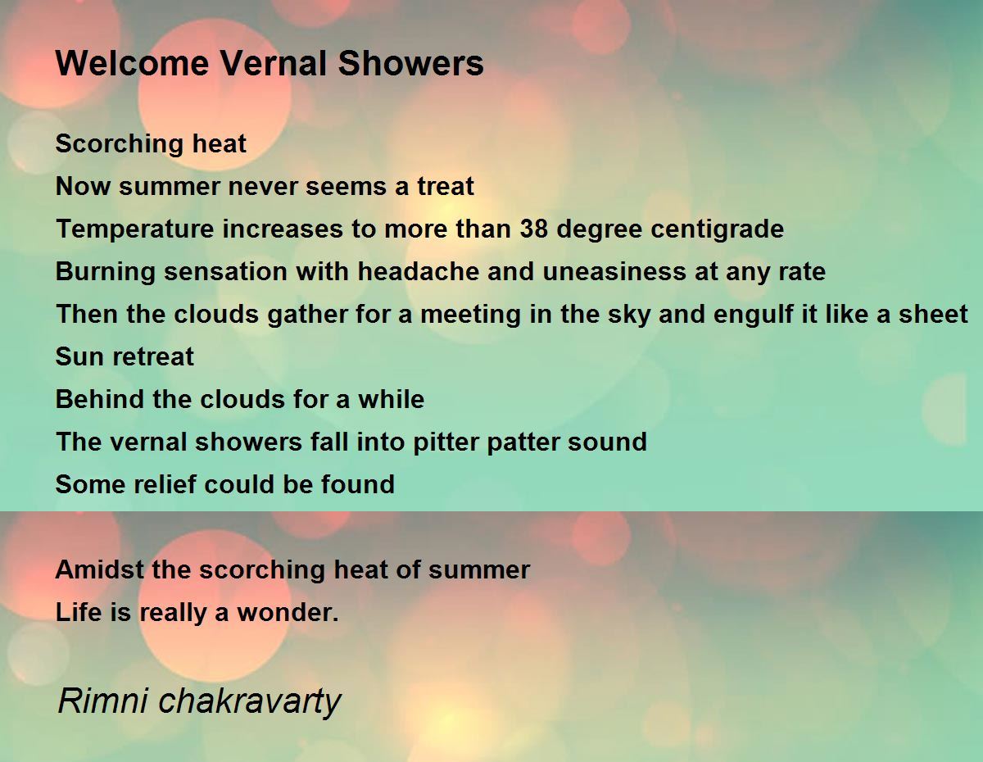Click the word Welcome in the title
click(132, 63)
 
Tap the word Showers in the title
click(410, 63)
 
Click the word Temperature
click(134, 229)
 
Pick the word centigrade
click(717, 229)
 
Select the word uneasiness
click(614, 271)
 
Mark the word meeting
click(470, 315)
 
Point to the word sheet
click(933, 315)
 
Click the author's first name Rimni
click(103, 701)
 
